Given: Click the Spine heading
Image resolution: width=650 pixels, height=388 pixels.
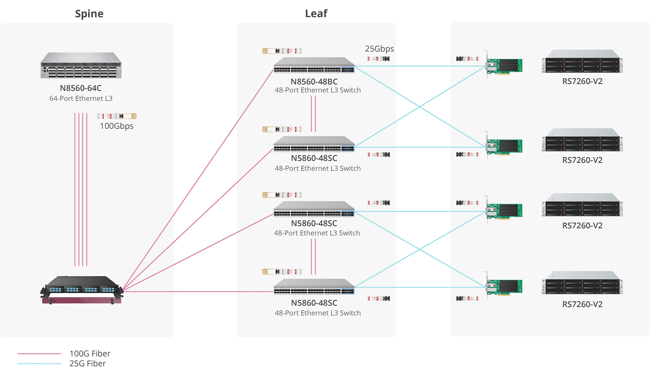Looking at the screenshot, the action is coord(89,14).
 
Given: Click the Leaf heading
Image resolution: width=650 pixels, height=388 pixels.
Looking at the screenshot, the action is coord(316,14).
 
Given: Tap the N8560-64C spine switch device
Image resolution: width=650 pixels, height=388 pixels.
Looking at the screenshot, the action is coord(81,65).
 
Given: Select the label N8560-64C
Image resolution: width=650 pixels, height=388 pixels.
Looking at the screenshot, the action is coord(81,88).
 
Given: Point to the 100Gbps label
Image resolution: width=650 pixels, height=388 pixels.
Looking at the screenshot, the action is coord(117,126).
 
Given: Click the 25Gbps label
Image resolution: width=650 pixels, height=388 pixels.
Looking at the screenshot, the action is coord(379,49).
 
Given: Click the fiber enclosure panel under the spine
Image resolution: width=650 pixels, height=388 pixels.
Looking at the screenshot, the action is coord(82,290).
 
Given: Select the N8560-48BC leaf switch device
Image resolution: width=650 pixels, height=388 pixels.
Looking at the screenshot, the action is coord(314,65).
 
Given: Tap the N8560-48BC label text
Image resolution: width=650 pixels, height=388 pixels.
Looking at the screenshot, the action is coord(314,82).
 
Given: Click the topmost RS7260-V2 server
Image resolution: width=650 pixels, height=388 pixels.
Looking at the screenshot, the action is coord(582,61).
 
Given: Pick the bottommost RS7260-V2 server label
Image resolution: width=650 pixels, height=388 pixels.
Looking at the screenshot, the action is coord(582,304).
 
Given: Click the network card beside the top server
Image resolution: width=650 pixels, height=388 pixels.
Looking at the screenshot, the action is coord(504,65).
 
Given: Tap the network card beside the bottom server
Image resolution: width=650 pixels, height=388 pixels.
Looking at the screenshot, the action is coord(504,286).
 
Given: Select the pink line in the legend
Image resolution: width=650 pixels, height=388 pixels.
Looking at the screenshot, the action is coord(39,354).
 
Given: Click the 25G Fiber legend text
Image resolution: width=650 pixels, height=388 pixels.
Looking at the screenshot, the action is coord(88,363).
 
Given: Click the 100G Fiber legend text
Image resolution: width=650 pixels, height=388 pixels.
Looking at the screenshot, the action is coord(90,353).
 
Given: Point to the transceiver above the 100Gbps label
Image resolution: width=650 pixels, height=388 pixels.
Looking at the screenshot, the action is coord(117,116).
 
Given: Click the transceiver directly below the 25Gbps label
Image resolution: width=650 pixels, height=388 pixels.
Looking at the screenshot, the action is coord(379,59).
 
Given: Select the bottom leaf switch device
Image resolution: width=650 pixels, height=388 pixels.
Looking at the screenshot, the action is coord(314,287).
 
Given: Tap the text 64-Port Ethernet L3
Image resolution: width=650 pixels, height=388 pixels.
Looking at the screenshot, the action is coord(81,98).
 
